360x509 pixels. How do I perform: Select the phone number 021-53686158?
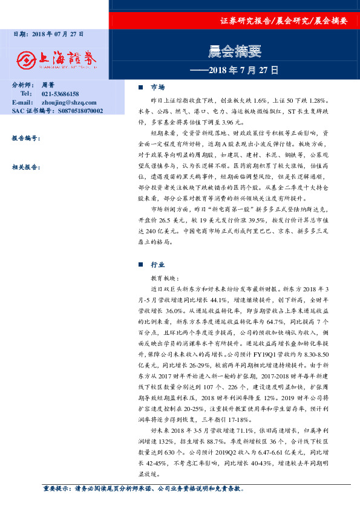point(61,94)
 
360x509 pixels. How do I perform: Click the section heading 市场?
point(157,88)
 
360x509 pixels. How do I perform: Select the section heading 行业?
point(157,265)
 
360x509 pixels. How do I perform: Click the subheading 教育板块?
point(165,277)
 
